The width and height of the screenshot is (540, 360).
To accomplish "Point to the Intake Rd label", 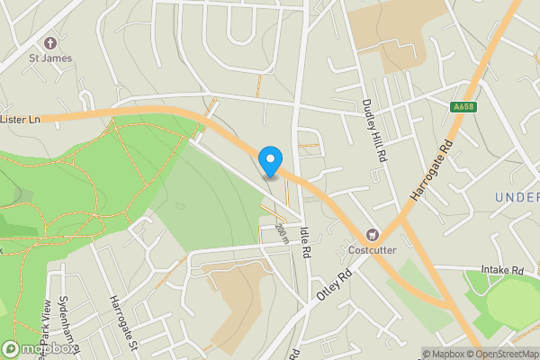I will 502,269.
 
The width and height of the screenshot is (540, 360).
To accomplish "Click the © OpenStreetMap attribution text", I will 505,354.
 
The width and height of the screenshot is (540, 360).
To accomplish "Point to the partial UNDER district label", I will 517,197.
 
